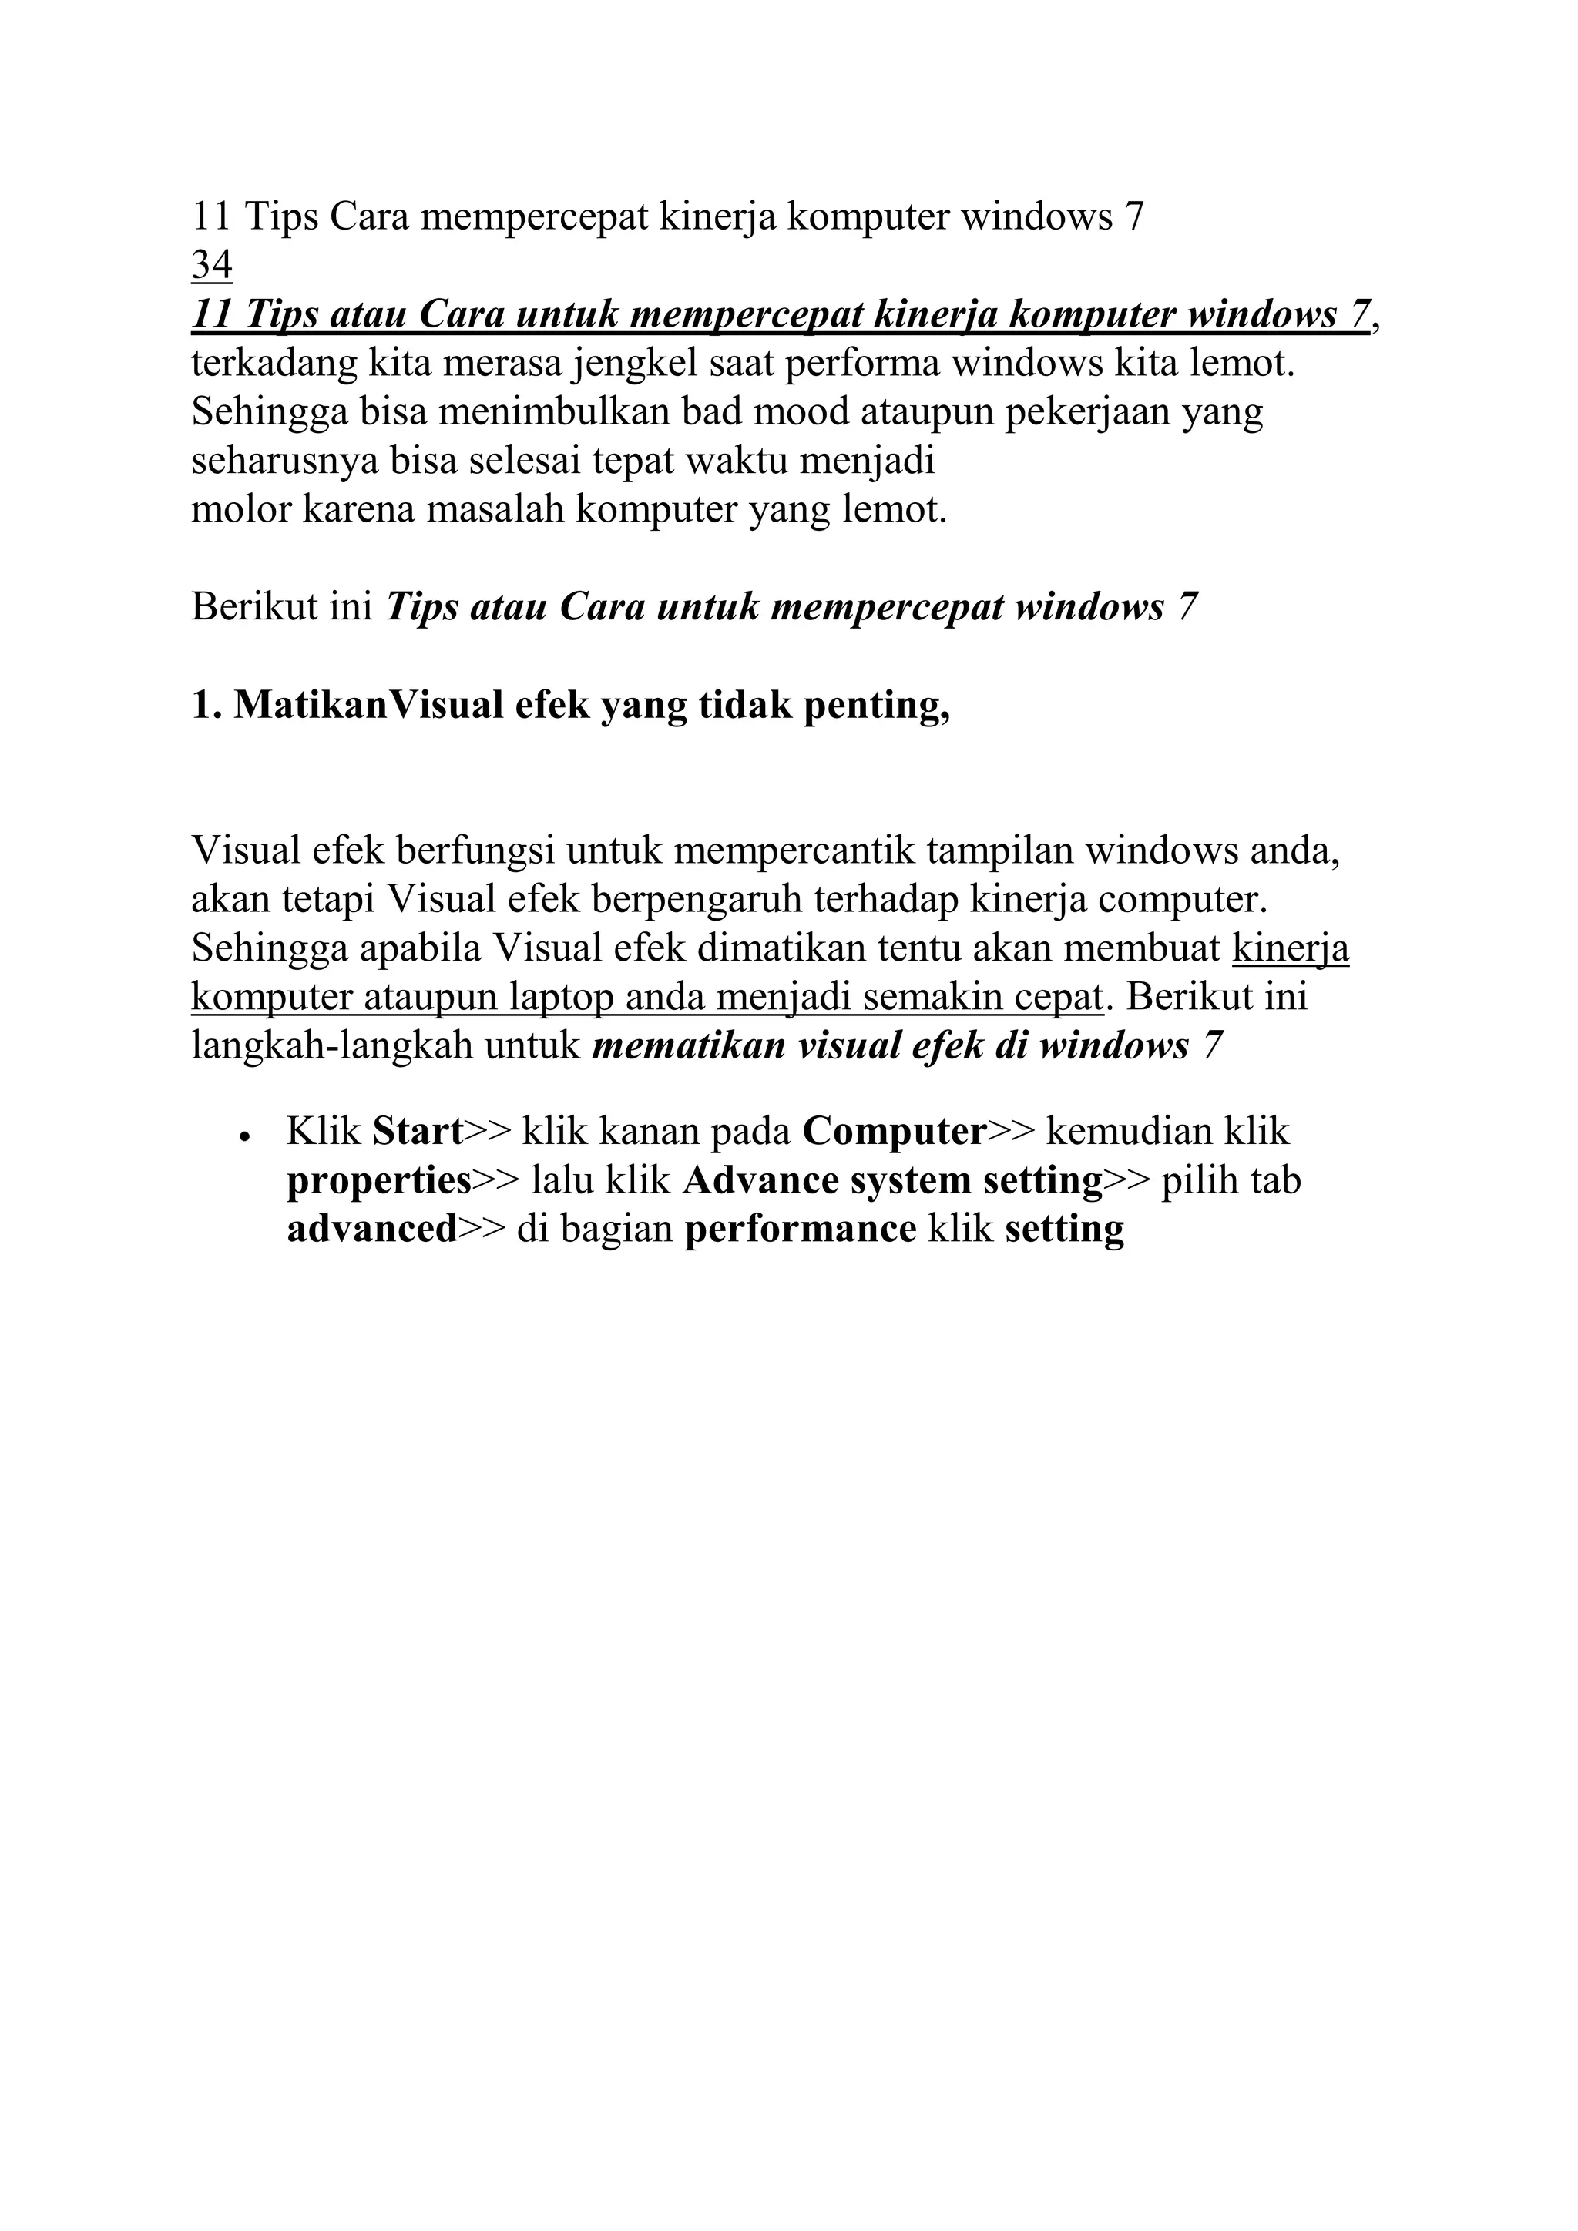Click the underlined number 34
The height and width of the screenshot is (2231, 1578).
pyautogui.click(x=212, y=264)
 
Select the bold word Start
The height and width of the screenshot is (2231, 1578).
pyautogui.click(x=418, y=1131)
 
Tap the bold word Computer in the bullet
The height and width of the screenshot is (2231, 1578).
pyautogui.click(x=895, y=1131)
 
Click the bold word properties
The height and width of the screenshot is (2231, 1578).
pyautogui.click(x=379, y=1181)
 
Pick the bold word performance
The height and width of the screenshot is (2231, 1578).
pyautogui.click(x=801, y=1230)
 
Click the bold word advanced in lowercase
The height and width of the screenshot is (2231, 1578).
pyautogui.click(x=372, y=1230)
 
